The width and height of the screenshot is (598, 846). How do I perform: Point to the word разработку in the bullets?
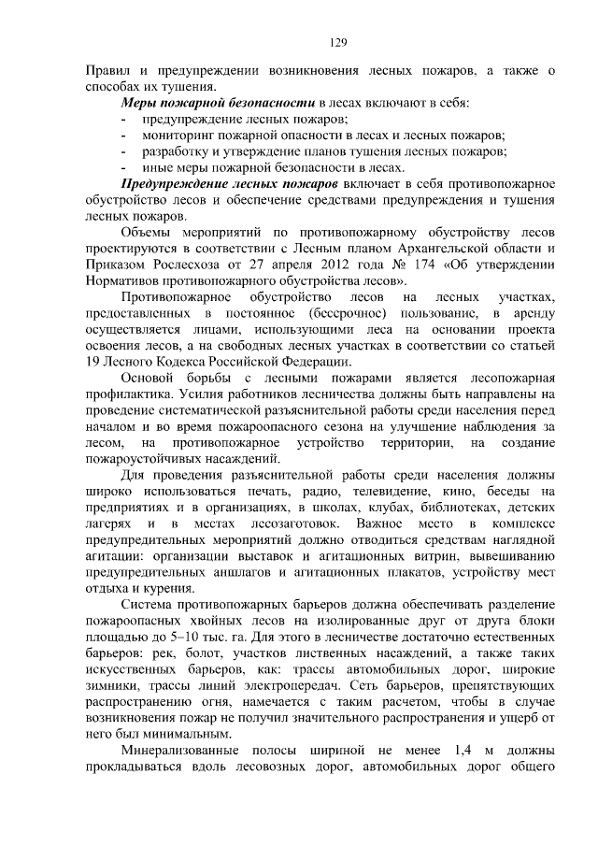coord(178,151)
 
